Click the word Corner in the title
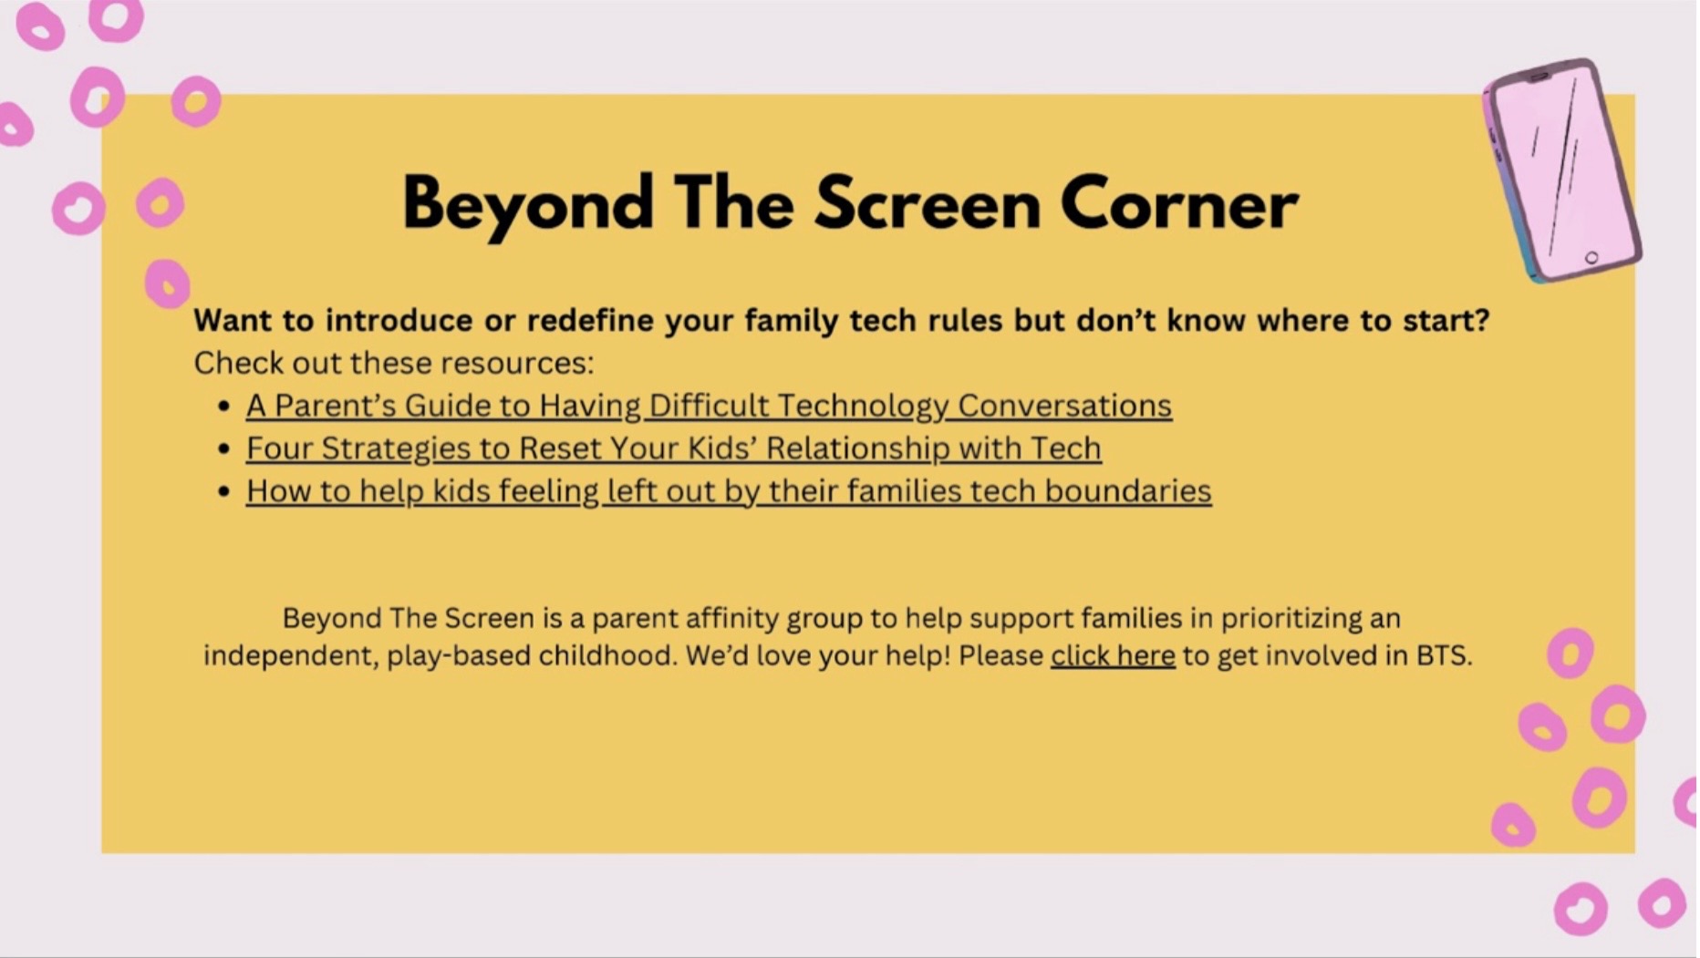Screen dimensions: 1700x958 [1179, 204]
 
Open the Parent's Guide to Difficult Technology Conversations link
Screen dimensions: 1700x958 [709, 406]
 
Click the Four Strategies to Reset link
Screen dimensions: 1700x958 [673, 448]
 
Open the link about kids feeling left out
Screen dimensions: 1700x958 [729, 491]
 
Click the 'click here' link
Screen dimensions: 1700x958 [1113, 655]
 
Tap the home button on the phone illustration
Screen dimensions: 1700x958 [1591, 258]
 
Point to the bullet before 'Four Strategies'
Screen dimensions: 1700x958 [223, 449]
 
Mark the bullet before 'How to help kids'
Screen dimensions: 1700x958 [223, 492]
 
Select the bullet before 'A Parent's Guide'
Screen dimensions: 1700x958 [223, 407]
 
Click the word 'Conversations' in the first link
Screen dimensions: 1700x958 [1065, 406]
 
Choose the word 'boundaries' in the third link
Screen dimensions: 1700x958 [1128, 491]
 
